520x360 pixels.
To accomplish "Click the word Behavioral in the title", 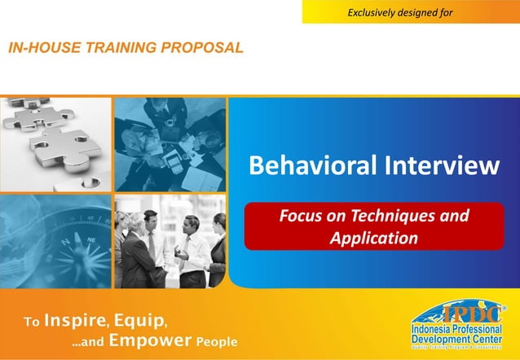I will click(306, 167).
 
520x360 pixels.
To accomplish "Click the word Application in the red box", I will click(374, 239).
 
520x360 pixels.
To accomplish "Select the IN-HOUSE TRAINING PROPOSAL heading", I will click(126, 47).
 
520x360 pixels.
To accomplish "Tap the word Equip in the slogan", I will click(141, 318).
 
